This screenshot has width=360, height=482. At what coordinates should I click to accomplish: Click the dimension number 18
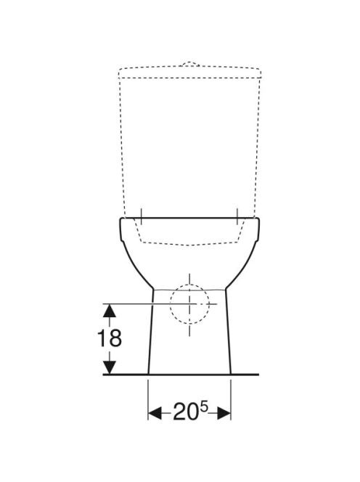click(x=110, y=338)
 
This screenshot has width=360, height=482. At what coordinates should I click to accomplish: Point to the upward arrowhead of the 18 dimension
click(x=110, y=311)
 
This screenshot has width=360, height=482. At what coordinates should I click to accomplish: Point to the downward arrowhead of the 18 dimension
click(x=110, y=367)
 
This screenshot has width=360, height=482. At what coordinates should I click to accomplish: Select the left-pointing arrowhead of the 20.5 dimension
click(x=155, y=413)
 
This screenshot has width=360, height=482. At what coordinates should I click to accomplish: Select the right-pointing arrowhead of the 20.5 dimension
click(x=224, y=413)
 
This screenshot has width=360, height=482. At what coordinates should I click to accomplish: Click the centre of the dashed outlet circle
click(x=189, y=303)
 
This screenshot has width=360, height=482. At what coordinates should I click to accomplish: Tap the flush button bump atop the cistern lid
click(x=191, y=64)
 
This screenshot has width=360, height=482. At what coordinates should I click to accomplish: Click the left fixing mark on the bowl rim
click(x=141, y=217)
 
